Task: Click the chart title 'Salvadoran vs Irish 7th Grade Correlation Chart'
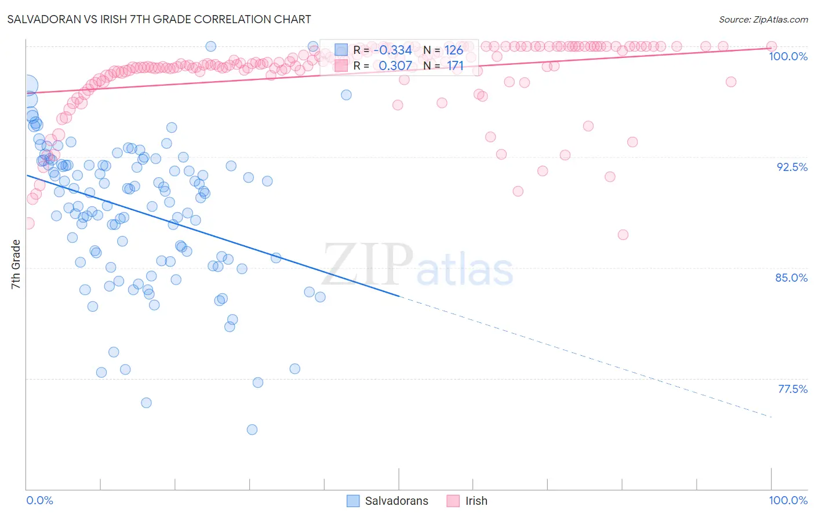pos(159,19)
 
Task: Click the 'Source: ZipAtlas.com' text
pos(763,19)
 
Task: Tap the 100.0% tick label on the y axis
pos(788,56)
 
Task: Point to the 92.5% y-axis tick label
pos(792,167)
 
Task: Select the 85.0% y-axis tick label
pos(791,278)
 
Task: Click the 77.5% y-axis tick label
pos(792,389)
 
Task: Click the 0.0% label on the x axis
pos(39,500)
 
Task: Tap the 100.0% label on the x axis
pos(788,500)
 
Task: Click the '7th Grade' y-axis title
pos(16,264)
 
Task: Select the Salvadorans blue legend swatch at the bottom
pos(353,501)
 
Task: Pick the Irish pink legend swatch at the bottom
pos(453,501)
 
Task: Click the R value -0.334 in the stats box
pos(392,50)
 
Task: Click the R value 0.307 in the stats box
pos(395,65)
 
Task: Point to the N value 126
pos(454,50)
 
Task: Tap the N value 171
pos(455,65)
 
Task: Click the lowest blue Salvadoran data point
pos(252,429)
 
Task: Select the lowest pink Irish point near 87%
pos(623,235)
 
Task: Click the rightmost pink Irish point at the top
pos(772,46)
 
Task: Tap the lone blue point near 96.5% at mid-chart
pos(346,94)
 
